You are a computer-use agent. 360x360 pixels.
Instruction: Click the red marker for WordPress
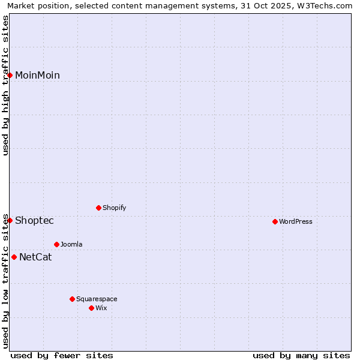(275, 221)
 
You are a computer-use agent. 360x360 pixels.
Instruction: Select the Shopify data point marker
(99, 208)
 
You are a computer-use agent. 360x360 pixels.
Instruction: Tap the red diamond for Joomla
(57, 244)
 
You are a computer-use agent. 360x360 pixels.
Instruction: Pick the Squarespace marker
(73, 299)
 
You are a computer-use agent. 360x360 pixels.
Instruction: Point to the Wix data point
(92, 308)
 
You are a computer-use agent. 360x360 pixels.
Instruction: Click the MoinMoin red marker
(10, 75)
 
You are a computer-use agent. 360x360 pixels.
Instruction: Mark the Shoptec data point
(10, 220)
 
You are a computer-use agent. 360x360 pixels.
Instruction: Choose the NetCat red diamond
(14, 257)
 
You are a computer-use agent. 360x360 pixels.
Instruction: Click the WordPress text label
(296, 221)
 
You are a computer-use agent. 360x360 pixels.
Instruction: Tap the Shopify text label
(115, 208)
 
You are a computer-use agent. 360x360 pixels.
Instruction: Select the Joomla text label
(71, 244)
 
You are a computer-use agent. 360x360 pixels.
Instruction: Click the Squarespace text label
(97, 299)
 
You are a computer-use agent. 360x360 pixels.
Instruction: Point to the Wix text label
(101, 308)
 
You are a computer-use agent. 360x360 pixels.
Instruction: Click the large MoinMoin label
(37, 75)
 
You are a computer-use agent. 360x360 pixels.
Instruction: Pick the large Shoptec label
(34, 220)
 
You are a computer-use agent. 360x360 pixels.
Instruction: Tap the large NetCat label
(35, 257)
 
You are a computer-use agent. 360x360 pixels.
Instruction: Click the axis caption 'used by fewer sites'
(62, 355)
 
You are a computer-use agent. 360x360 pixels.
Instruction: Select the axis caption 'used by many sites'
(301, 355)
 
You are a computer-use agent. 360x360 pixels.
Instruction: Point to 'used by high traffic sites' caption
(5, 85)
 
